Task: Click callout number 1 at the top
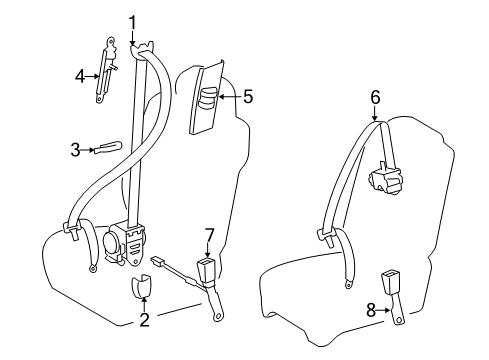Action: (x=132, y=21)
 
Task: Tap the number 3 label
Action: (x=75, y=150)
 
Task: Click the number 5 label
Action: (x=248, y=97)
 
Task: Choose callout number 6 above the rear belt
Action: (x=375, y=98)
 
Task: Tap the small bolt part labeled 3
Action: (x=105, y=148)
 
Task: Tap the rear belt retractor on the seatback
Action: (x=385, y=181)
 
